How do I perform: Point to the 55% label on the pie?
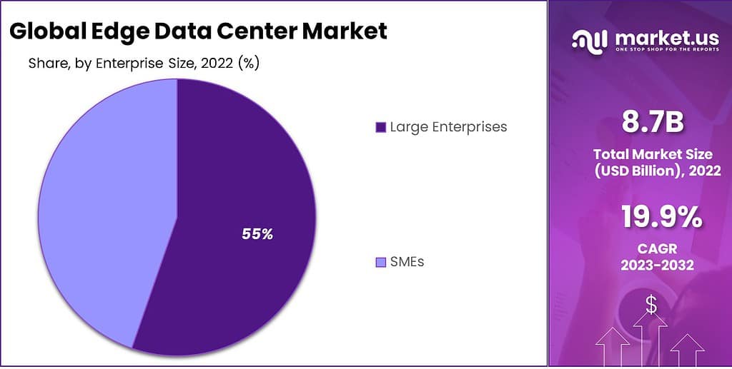(257, 233)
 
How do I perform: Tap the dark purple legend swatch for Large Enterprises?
(380, 128)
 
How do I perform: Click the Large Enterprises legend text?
(448, 127)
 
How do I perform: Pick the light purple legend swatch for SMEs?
(380, 263)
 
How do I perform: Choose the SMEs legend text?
(407, 262)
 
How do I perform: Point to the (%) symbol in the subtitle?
(248, 64)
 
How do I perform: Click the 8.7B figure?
(651, 123)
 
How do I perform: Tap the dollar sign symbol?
(651, 305)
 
